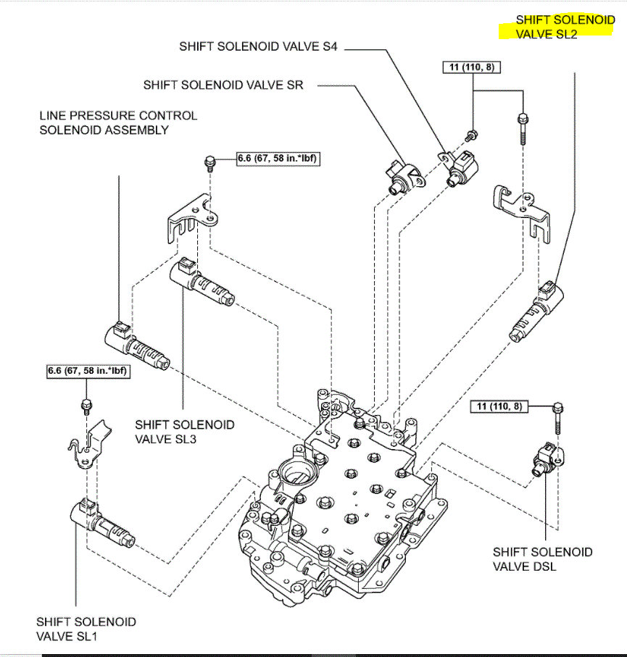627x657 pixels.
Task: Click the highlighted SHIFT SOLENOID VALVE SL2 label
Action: (565, 27)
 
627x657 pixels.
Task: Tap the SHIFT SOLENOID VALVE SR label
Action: (223, 85)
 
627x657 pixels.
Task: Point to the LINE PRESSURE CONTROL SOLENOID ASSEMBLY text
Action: (118, 122)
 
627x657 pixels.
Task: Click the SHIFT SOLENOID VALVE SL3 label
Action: (185, 431)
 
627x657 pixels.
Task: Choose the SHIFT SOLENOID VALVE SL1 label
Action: (86, 629)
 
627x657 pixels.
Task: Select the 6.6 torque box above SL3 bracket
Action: (278, 156)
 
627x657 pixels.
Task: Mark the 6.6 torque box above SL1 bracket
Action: (87, 372)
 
